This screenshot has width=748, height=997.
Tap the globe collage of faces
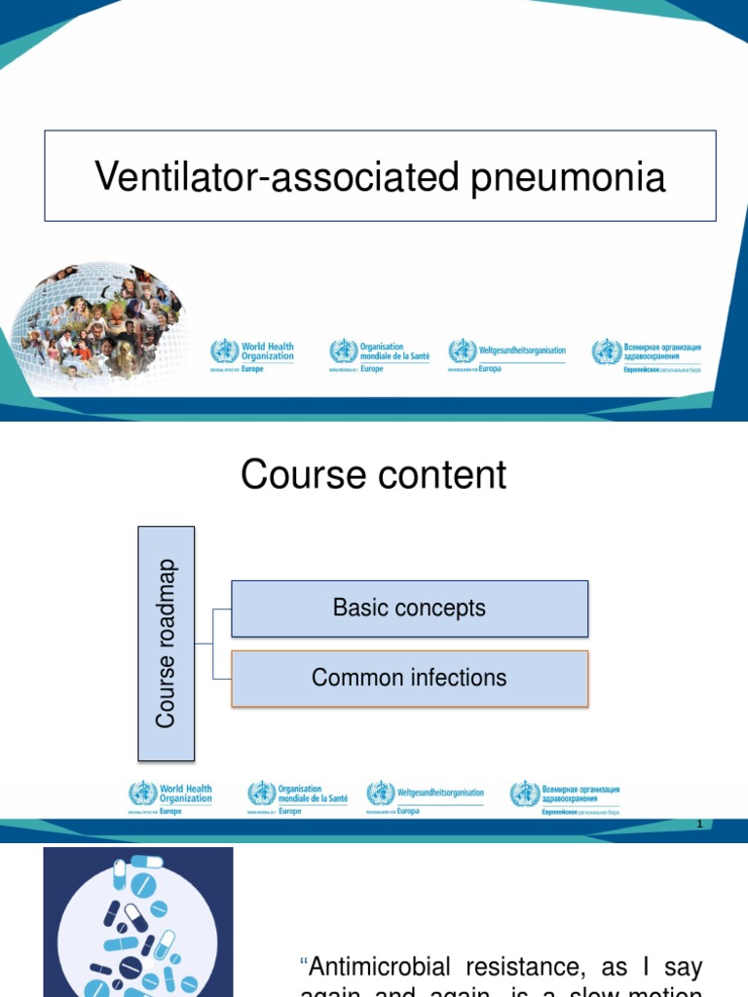point(97,325)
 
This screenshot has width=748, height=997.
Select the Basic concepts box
point(409,609)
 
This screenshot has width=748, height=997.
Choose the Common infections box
point(409,678)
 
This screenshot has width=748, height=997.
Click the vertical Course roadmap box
point(167,643)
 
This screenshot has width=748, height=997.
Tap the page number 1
point(699,825)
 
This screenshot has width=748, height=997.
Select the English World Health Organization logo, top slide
point(252,354)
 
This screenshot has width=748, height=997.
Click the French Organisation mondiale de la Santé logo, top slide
point(379,354)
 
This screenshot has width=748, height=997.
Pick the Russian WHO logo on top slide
point(647,354)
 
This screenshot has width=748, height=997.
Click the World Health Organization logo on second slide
point(170,796)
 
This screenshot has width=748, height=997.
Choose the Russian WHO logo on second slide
point(565,796)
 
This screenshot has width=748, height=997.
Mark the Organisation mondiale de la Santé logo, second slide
point(297,796)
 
